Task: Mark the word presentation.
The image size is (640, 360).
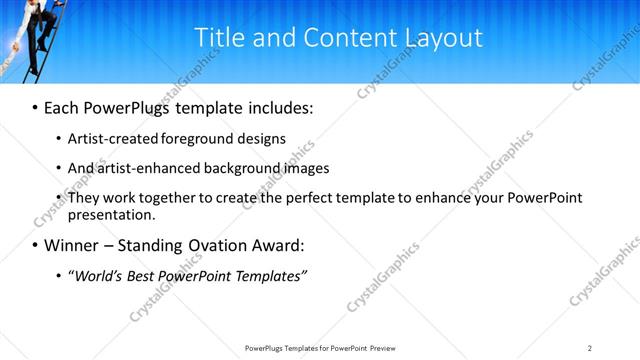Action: pyautogui.click(x=111, y=214)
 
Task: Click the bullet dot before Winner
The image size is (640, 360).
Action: pyautogui.click(x=35, y=246)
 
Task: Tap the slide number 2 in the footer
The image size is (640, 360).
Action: pyautogui.click(x=590, y=347)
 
